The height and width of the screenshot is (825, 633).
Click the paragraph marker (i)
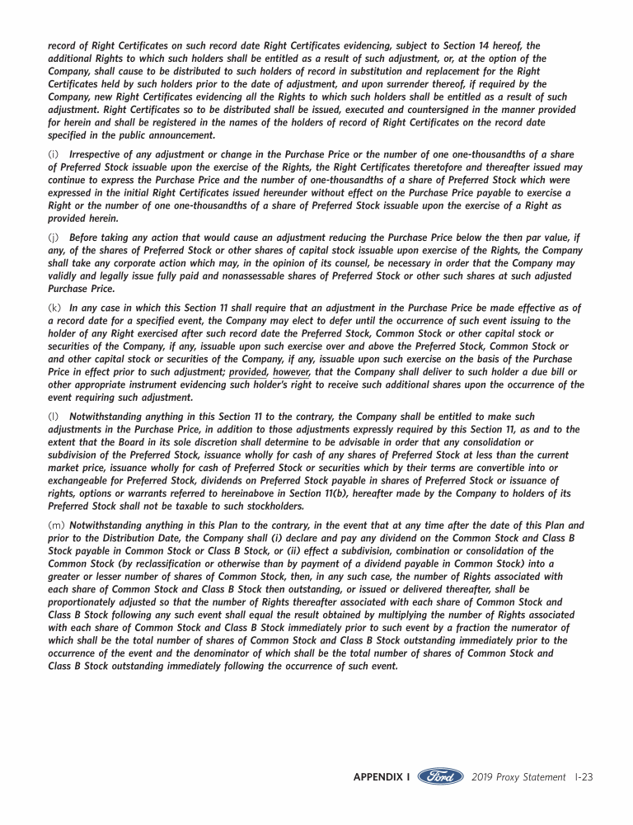[x=54, y=155]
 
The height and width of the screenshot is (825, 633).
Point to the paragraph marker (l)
[x=54, y=417]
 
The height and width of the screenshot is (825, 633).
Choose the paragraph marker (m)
[x=57, y=525]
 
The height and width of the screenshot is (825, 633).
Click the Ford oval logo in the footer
[x=441, y=777]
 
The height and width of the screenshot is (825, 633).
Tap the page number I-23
[x=584, y=777]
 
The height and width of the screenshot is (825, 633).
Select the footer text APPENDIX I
[x=382, y=777]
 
